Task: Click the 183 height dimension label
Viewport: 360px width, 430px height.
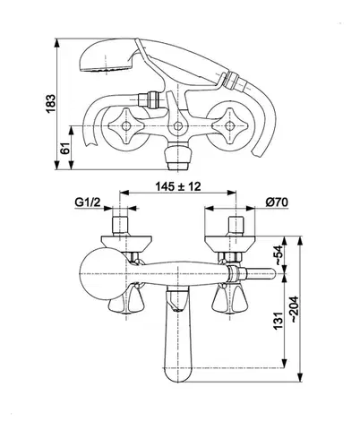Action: (51, 103)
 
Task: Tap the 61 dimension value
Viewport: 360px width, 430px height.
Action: (65, 147)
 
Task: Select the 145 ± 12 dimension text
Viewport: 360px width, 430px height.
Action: (178, 186)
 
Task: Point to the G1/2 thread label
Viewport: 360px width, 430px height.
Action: (88, 202)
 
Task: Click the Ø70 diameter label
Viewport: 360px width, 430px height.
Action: (277, 202)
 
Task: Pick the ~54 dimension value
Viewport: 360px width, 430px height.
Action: (279, 254)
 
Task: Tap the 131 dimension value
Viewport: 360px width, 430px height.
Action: (279, 321)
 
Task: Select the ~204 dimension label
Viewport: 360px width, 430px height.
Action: (295, 309)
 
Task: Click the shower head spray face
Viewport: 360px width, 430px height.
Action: (101, 70)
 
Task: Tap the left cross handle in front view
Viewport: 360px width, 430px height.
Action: (125, 125)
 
